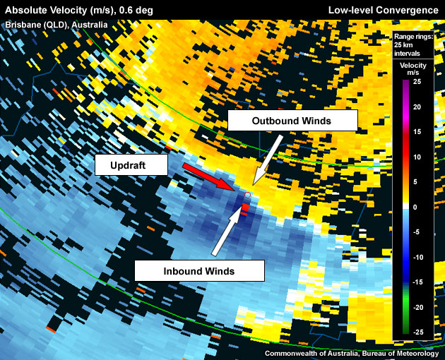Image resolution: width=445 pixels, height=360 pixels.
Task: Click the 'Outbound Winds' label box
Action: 292,121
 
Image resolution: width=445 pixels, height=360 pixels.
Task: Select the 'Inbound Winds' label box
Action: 198,270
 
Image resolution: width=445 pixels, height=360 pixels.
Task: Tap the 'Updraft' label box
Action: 131,166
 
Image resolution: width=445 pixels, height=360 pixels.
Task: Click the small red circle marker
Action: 248,195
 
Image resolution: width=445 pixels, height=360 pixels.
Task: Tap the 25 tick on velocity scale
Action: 417,81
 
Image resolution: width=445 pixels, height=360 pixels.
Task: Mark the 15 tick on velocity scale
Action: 417,131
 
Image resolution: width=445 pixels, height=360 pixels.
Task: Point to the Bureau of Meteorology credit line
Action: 352,353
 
